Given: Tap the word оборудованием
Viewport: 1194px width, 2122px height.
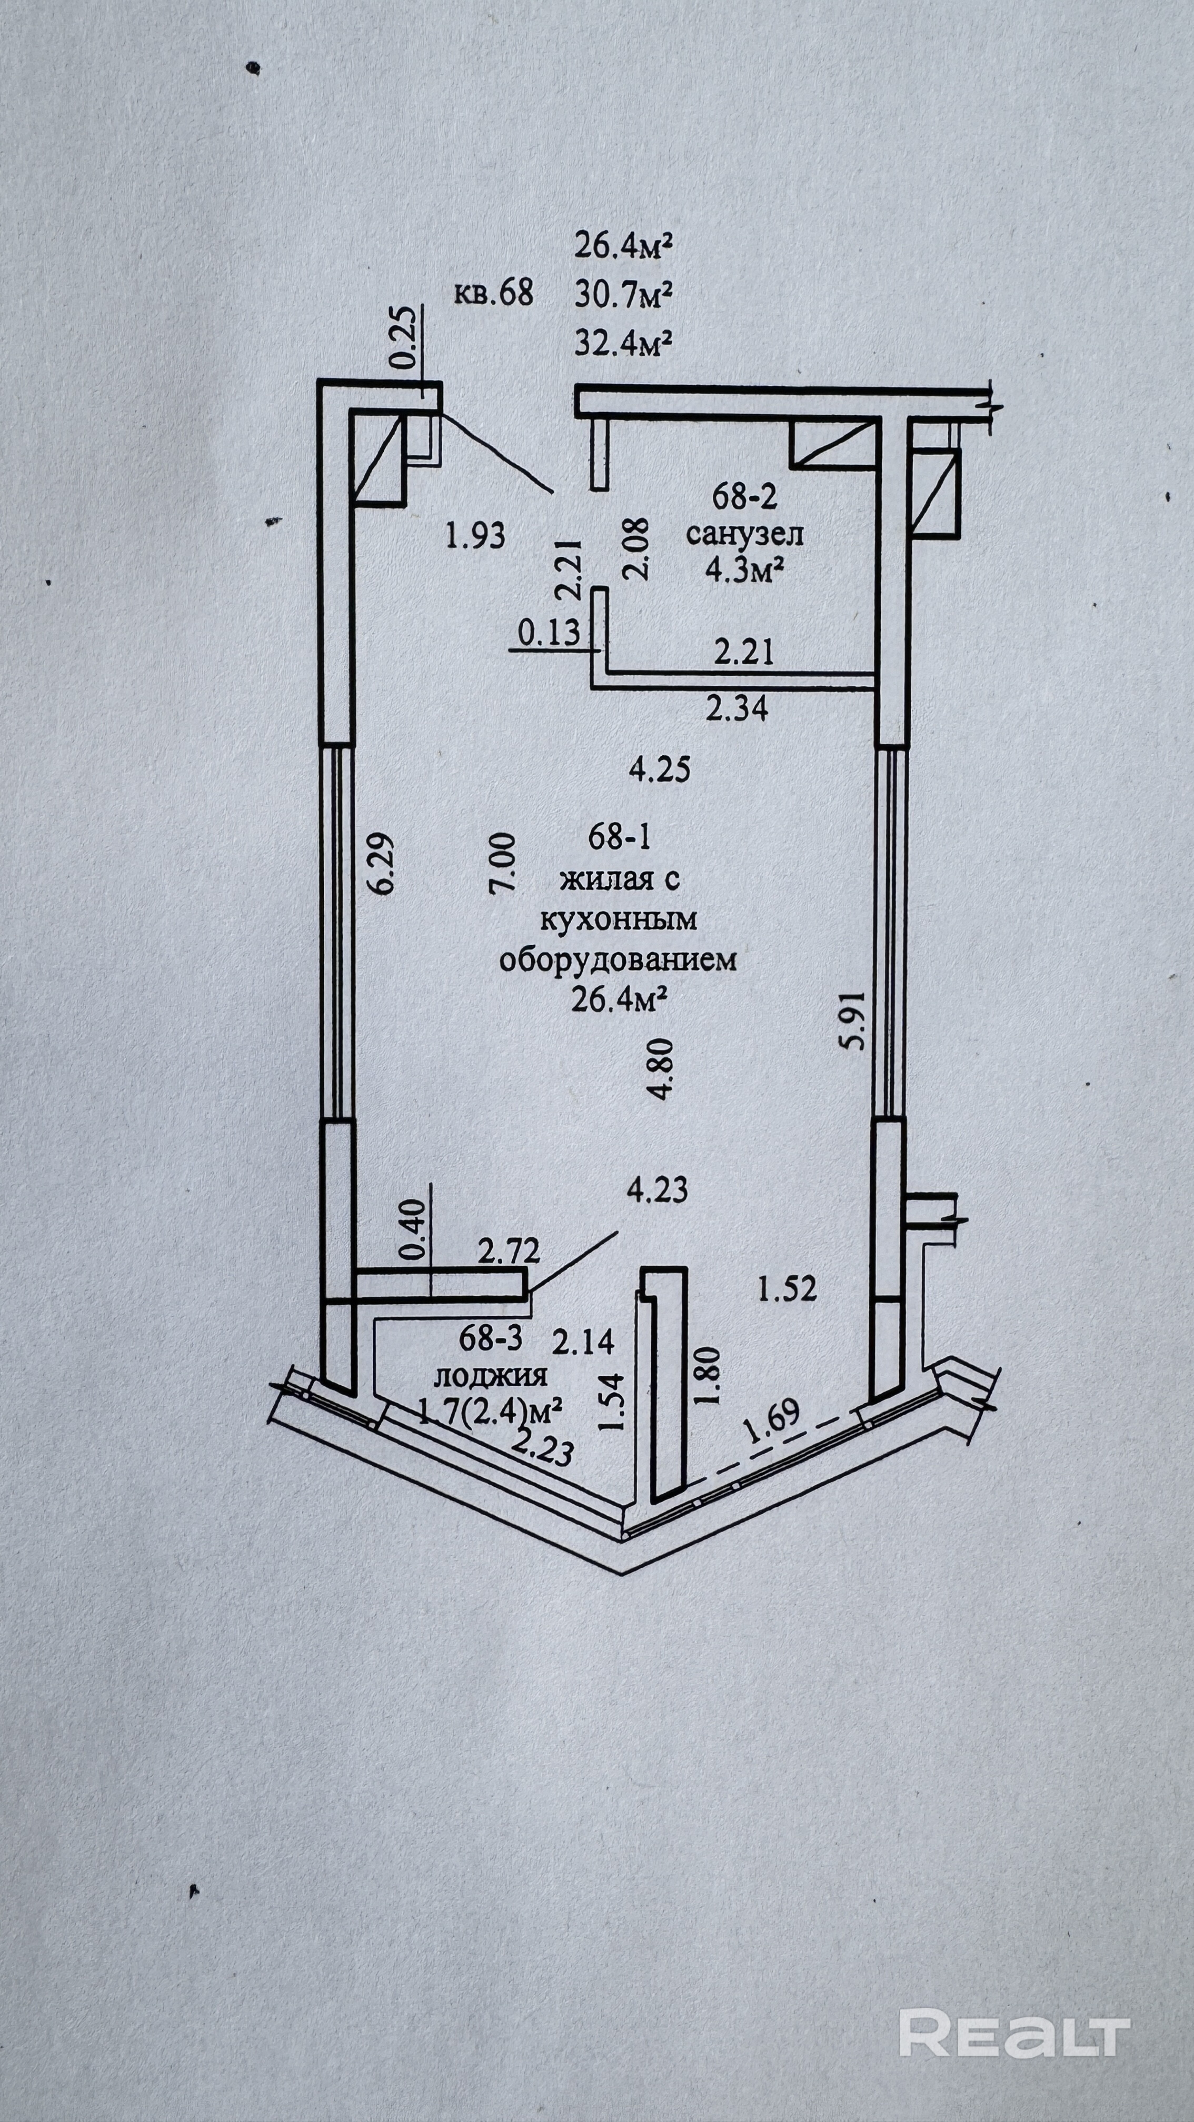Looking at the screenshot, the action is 618,959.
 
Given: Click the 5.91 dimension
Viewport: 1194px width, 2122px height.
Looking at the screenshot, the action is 855,1019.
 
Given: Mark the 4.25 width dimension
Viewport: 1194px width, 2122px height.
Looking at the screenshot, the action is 659,769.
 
